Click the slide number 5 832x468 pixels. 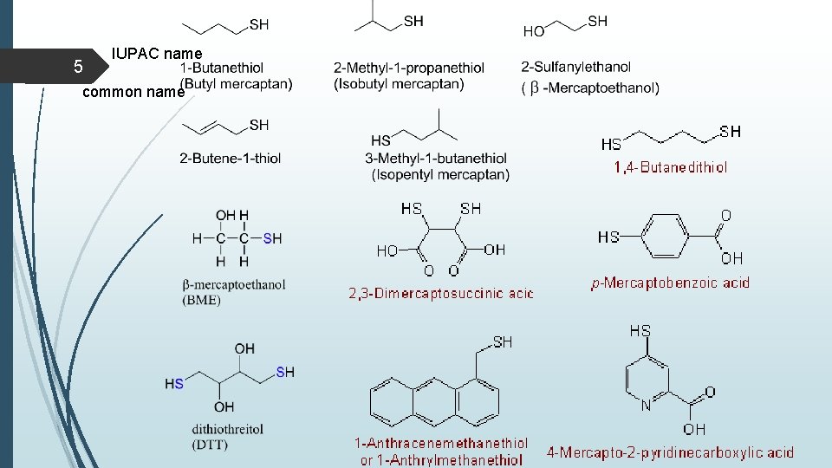click(x=77, y=67)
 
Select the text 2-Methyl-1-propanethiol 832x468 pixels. click(x=408, y=68)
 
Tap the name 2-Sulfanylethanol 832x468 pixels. click(x=575, y=67)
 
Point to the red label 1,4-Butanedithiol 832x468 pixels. click(x=671, y=167)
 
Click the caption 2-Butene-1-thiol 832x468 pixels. click(x=230, y=158)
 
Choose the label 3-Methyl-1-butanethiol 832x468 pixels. click(x=436, y=158)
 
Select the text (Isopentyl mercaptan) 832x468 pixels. click(x=440, y=174)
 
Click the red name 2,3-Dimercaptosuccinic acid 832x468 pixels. click(x=440, y=294)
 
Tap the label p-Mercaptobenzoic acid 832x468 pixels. click(x=670, y=283)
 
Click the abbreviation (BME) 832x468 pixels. click(x=202, y=300)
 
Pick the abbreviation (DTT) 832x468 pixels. click(x=211, y=444)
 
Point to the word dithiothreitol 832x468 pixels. click(x=228, y=429)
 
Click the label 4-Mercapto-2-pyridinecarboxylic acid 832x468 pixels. click(x=670, y=452)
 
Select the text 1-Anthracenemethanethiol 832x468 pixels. click(x=440, y=444)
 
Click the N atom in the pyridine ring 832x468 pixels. click(x=646, y=405)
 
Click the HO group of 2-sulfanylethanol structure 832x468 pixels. click(x=534, y=31)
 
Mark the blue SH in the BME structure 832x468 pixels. click(x=272, y=238)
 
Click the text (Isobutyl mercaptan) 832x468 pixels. click(x=399, y=84)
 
